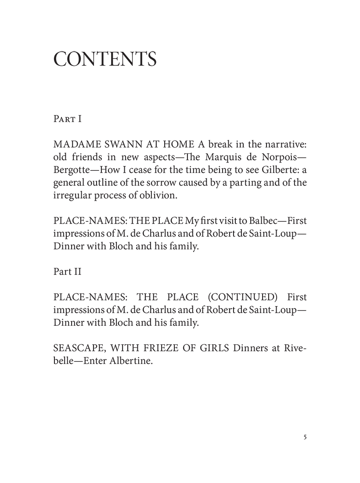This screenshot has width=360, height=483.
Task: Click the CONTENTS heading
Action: point(104,59)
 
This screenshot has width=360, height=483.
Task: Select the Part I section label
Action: point(68,119)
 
